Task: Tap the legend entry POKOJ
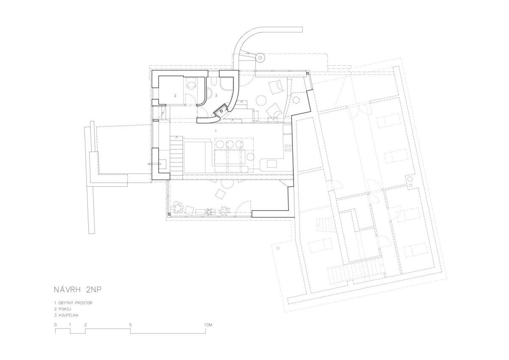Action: point(63,309)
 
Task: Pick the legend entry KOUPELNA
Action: point(66,315)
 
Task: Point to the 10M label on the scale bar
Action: point(208,325)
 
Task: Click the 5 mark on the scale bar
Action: point(131,325)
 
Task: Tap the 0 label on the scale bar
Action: point(56,325)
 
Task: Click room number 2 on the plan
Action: point(175,96)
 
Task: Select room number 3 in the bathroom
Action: point(216,96)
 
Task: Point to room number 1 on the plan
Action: point(216,131)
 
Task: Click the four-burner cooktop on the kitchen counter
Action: point(288,148)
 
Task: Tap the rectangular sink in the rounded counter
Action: point(272,164)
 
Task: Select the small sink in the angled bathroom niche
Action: point(221,111)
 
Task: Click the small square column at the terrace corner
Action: point(169,214)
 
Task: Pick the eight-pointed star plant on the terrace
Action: point(224,211)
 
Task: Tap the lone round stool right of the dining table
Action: point(250,157)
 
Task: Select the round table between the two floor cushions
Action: point(261,100)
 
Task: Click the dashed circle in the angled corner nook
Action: point(296,100)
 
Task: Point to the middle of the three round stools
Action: point(230,144)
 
